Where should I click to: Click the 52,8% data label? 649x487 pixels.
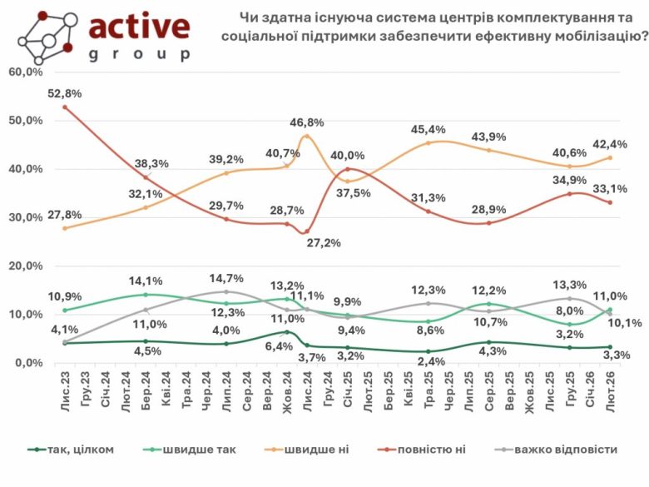click(x=63, y=94)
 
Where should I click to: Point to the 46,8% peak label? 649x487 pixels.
click(x=307, y=122)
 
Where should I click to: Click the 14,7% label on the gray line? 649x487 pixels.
click(x=225, y=277)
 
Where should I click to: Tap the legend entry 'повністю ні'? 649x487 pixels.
click(x=436, y=450)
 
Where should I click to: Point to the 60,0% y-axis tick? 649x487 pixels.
click(x=26, y=72)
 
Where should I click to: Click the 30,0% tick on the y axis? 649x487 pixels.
click(x=26, y=217)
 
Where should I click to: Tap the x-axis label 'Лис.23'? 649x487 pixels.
click(x=65, y=389)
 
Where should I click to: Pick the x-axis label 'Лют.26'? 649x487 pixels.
click(x=611, y=389)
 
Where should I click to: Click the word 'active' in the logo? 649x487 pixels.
click(x=139, y=27)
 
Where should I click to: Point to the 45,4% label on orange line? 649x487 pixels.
click(x=428, y=129)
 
